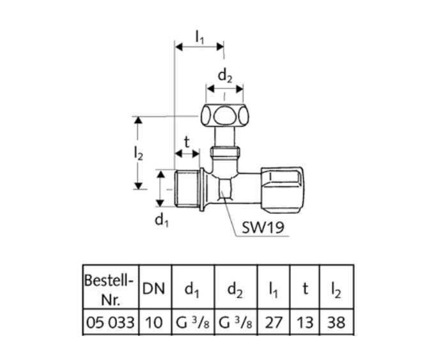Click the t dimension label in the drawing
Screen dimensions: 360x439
[187, 142]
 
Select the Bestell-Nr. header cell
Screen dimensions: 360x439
[110, 289]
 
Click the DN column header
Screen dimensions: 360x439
[154, 289]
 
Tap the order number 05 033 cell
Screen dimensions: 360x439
[110, 322]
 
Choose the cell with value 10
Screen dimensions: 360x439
[154, 322]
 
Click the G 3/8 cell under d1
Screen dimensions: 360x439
[192, 322]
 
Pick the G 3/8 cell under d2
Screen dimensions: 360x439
[236, 322]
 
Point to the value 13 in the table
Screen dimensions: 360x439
[305, 322]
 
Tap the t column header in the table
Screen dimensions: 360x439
[305, 289]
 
